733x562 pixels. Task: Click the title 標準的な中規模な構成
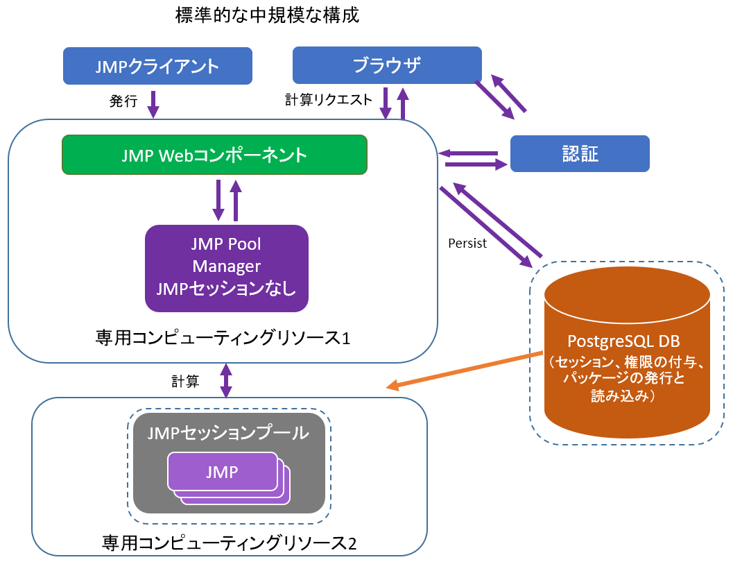[268, 15]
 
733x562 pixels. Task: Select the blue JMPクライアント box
[157, 66]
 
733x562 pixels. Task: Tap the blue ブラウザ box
[387, 65]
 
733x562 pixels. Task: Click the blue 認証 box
[580, 153]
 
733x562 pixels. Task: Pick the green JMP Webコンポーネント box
[214, 154]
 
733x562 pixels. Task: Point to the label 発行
[123, 101]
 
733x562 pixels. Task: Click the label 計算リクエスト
[329, 99]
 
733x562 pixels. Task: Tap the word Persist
[467, 244]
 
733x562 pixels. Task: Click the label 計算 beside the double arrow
[185, 381]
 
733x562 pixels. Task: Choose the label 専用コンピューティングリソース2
[229, 541]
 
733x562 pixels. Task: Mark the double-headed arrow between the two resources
[226, 381]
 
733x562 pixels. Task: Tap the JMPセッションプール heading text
[228, 433]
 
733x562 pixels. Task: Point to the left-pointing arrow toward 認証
[468, 153]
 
